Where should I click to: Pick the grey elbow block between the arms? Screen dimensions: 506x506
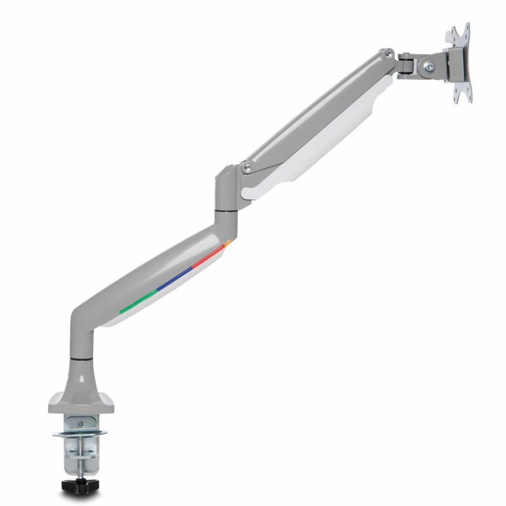(226, 187)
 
